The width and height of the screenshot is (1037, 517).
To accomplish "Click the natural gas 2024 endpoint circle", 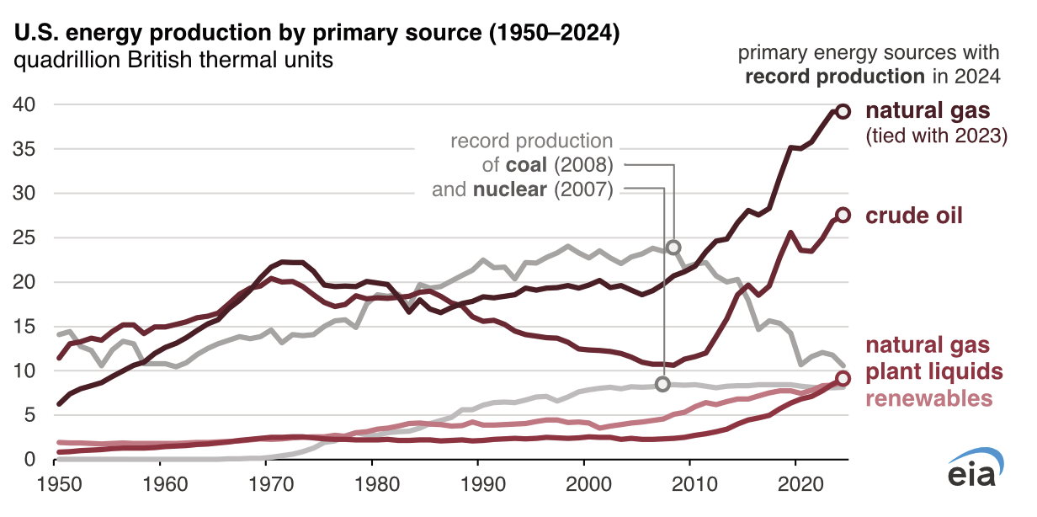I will pyautogui.click(x=843, y=111).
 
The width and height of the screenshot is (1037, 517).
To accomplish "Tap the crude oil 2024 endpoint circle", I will pyautogui.click(x=843, y=216).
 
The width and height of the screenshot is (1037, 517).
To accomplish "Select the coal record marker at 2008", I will pyautogui.click(x=673, y=248).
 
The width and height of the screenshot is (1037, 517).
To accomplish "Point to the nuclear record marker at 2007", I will pyautogui.click(x=662, y=384).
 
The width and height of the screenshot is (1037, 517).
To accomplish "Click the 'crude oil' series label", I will pyautogui.click(x=914, y=216).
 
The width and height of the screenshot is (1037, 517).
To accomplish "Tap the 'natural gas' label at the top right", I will pyautogui.click(x=928, y=111).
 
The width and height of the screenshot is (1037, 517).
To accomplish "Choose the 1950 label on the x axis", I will pyautogui.click(x=58, y=485).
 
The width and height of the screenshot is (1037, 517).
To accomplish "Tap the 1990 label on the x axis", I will pyautogui.click(x=478, y=485).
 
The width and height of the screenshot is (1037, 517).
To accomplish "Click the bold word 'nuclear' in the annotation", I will pyautogui.click(x=509, y=189).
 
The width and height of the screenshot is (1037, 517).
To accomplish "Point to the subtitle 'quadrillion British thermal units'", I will pyautogui.click(x=172, y=61).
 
